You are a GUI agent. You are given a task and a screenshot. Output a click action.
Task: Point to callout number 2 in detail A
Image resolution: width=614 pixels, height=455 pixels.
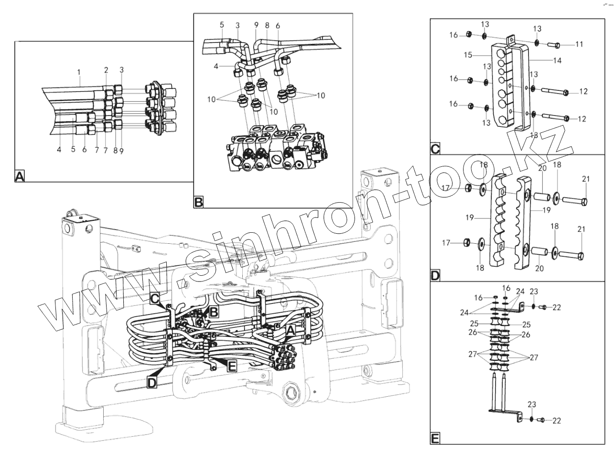[106, 70]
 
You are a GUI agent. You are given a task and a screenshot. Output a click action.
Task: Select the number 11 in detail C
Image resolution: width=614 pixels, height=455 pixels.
[579, 44]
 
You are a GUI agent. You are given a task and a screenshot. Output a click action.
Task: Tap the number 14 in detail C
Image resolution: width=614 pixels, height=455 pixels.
[557, 61]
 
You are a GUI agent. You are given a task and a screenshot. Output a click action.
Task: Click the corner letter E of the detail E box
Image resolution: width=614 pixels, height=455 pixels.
[435, 438]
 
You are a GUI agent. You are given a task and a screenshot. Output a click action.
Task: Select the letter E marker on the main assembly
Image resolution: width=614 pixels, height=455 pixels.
[231, 366]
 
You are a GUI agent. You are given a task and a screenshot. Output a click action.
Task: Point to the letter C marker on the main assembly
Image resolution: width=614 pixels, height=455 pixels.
[154, 298]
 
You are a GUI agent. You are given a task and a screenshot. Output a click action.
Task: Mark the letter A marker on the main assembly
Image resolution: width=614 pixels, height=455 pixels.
[291, 330]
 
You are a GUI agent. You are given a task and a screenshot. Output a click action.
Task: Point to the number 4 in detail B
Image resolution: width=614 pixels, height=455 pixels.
[216, 66]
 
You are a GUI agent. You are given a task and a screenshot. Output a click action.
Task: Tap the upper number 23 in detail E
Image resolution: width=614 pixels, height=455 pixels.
[534, 291]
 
